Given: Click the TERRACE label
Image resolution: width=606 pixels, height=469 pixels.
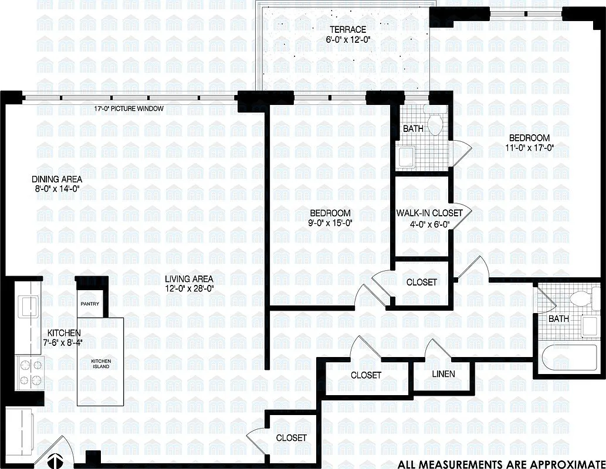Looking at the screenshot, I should click(347, 29).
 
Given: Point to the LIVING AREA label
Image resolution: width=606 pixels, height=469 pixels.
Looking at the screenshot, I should click(188, 279).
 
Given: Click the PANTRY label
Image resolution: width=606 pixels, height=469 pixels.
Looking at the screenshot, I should click(90, 304).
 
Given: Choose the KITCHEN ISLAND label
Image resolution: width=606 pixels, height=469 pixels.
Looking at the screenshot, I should click(100, 364).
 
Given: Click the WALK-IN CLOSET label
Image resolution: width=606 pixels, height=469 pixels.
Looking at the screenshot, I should click(429, 213).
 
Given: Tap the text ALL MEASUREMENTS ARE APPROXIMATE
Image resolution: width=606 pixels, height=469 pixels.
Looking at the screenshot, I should click(500, 464).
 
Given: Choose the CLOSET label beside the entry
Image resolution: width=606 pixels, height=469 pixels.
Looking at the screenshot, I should click(291, 438).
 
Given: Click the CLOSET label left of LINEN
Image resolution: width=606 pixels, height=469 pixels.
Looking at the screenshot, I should click(366, 375).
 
